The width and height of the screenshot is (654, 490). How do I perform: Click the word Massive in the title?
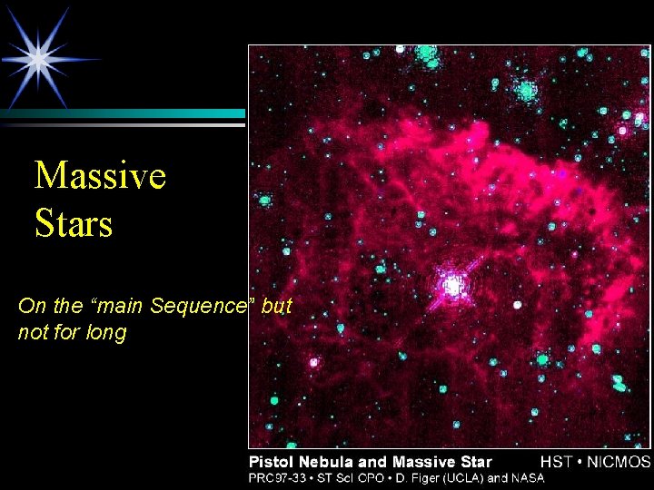tap(100, 175)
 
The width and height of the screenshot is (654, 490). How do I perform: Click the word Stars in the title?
tap(74, 223)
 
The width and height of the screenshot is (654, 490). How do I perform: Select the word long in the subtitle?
tap(108, 333)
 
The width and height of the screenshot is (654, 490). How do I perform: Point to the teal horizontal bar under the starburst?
tap(123, 113)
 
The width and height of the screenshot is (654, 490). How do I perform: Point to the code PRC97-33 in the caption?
tap(276, 477)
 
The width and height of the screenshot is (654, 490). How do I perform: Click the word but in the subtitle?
tap(276, 307)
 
